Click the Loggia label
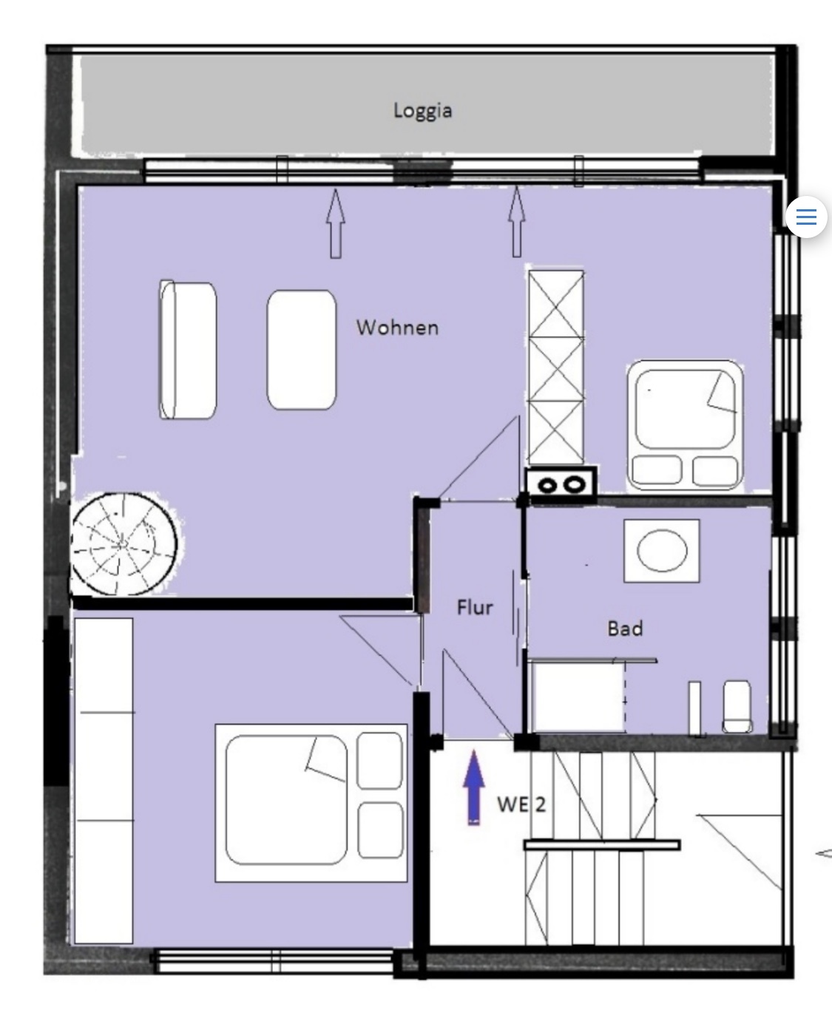point(422,111)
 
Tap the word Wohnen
point(397,328)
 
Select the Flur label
point(475,607)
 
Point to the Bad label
point(625,628)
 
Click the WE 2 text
point(521,804)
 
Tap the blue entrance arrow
point(474,787)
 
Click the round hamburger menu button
point(806,217)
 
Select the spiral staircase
point(124,543)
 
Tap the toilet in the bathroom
point(737,707)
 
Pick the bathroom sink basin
point(662,550)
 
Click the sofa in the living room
point(188,349)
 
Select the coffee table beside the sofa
point(301,350)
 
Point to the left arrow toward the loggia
point(336,223)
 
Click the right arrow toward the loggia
point(517,222)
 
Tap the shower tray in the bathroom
point(577,697)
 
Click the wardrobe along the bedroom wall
point(104,782)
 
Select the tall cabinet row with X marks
point(556,367)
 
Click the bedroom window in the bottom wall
point(274,960)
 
